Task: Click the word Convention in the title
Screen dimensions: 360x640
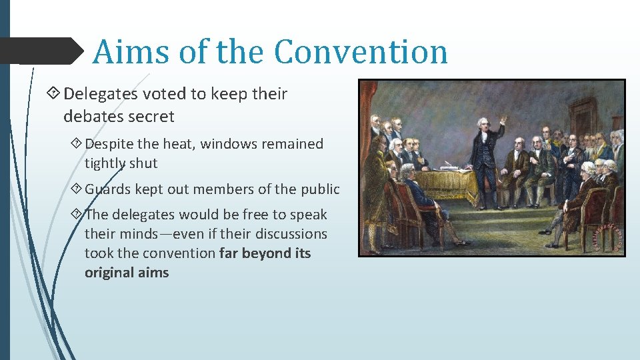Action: pos(361,52)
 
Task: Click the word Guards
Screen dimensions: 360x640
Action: pos(107,189)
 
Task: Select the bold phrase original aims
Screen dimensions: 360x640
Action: pos(127,273)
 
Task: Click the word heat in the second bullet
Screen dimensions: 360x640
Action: pos(177,144)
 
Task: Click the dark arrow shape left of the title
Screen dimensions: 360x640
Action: pos(40,51)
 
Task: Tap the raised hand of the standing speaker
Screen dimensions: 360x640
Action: pos(503,119)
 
